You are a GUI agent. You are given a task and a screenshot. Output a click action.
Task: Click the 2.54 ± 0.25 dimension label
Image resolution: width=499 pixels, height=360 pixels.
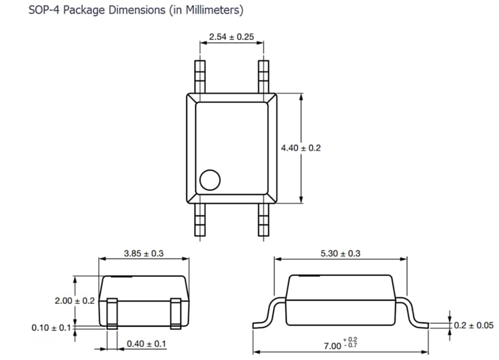tap(231, 37)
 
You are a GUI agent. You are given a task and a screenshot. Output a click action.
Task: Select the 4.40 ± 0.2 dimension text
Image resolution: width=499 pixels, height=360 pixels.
tap(301, 148)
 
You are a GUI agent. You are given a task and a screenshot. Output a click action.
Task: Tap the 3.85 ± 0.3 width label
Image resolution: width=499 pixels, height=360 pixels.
tap(144, 253)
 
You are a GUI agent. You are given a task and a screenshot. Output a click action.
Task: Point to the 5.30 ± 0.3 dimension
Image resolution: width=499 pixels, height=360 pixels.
tap(340, 253)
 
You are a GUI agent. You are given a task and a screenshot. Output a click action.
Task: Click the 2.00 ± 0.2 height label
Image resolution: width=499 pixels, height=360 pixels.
tap(75, 301)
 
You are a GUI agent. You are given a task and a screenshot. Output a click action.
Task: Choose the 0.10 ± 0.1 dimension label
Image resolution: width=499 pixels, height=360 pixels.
tap(52, 328)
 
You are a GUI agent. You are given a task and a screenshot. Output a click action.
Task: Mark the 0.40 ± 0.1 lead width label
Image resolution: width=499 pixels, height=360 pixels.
tap(146, 344)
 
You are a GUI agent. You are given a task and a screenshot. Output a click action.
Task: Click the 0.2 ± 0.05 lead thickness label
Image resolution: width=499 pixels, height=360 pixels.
tap(473, 325)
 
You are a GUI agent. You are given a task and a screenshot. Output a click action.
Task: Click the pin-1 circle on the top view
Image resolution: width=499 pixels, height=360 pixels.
tap(210, 180)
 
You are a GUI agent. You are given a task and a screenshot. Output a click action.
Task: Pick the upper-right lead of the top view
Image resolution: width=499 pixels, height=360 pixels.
tap(264, 75)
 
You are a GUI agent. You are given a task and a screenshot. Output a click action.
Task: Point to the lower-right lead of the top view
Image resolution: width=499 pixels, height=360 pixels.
tap(264, 220)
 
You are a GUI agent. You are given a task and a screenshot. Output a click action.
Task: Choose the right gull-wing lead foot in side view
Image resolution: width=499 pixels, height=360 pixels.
tap(420, 323)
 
